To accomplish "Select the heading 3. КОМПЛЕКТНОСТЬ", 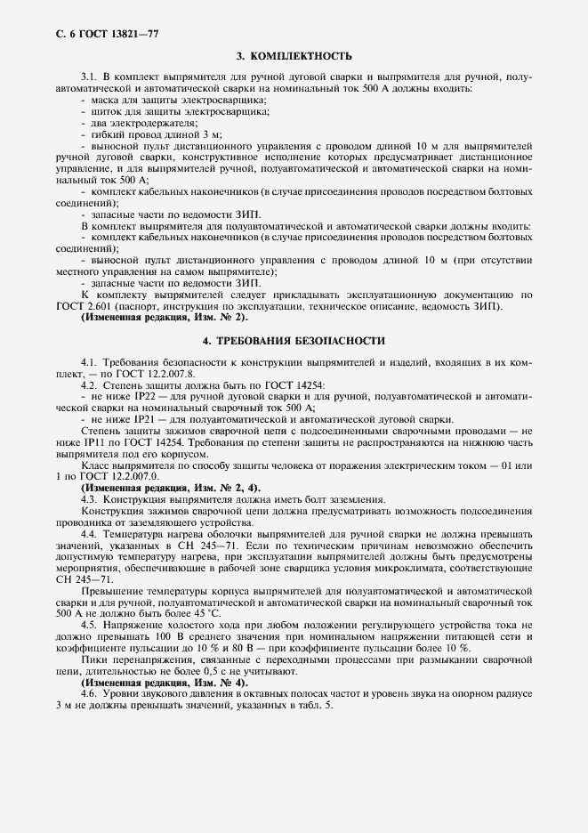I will (294, 57).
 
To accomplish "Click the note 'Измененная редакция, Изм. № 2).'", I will (165, 318).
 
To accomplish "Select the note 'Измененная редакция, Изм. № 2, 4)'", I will (170, 489).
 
